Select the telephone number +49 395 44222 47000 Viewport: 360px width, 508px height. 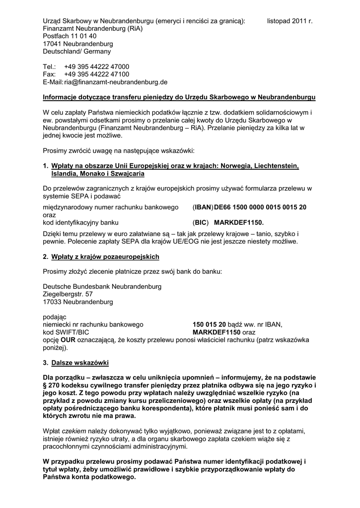[96, 66]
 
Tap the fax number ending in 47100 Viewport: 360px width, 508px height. [96, 74]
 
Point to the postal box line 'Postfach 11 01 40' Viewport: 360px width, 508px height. [70, 36]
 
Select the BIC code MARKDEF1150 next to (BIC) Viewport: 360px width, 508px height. [239, 222]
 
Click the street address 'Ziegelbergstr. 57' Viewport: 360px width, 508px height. [68, 294]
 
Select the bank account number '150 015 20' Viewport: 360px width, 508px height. [209, 324]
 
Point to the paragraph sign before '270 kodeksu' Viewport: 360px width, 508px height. [45, 385]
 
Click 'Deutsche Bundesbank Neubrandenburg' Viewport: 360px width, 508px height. [102, 286]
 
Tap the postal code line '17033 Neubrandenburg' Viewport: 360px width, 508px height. [77, 301]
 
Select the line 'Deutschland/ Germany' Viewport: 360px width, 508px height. [77, 51]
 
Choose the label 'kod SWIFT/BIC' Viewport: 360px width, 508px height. [66, 332]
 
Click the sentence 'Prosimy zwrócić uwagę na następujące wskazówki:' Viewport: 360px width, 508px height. [119, 150]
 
